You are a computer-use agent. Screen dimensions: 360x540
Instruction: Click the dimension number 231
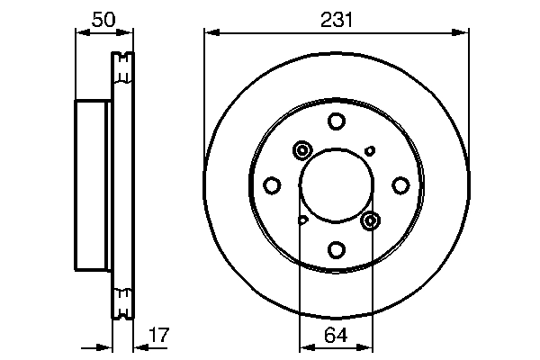click(336, 17)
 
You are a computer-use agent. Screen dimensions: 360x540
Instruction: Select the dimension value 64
click(336, 335)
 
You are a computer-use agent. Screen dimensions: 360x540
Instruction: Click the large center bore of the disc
click(336, 185)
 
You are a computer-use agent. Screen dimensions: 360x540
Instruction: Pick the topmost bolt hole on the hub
click(336, 121)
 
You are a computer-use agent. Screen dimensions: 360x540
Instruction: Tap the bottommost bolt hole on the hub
click(336, 249)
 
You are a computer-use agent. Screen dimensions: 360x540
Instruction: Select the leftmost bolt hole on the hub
click(272, 185)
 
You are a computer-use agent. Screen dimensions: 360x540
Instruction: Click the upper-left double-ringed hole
click(301, 151)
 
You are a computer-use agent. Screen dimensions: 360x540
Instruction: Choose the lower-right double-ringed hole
click(370, 220)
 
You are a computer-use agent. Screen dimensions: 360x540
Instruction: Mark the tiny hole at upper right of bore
click(369, 151)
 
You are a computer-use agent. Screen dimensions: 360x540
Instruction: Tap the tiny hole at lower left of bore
click(303, 220)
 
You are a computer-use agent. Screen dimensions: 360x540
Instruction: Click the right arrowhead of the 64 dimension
click(369, 346)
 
